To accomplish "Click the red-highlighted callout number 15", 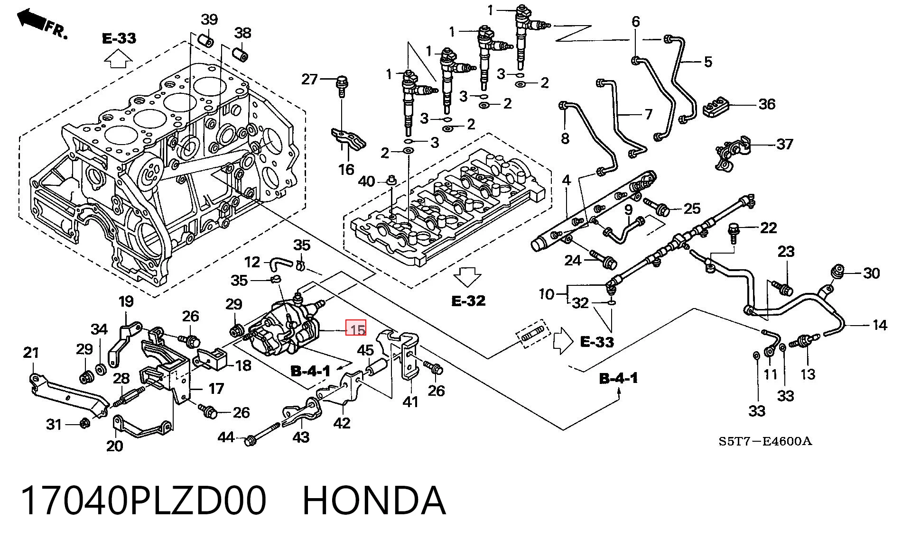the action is click(x=356, y=328).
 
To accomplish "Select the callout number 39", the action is click(x=209, y=20).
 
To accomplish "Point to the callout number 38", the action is click(x=243, y=33).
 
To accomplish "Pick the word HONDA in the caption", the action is click(x=374, y=501).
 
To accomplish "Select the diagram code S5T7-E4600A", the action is click(x=765, y=442).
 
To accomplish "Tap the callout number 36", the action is click(x=767, y=104).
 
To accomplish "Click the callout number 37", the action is click(x=785, y=144).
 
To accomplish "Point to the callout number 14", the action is click(x=880, y=325).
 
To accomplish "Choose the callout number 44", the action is click(x=226, y=437).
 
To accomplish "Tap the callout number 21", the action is click(x=31, y=353).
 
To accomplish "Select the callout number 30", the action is click(x=872, y=273).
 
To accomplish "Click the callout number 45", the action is click(x=365, y=351).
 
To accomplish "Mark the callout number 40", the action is click(x=366, y=181).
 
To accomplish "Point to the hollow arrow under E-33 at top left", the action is click(x=118, y=60).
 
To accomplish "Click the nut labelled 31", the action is click(x=84, y=423).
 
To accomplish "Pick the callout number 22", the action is click(x=768, y=228).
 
